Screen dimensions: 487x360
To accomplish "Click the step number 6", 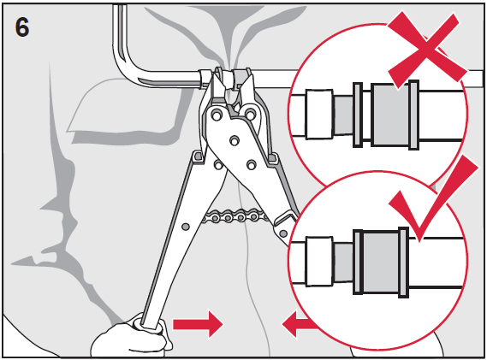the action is (x=22, y=27).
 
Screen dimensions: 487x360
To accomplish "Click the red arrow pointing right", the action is (x=198, y=324).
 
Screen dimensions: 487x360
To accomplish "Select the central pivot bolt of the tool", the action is (x=235, y=140).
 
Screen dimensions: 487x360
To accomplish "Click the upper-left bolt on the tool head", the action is (x=217, y=115).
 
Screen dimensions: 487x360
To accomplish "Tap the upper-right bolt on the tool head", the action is (x=250, y=115).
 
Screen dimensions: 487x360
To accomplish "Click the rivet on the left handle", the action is (x=186, y=227).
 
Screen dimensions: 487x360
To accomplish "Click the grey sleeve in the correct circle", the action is (x=381, y=263).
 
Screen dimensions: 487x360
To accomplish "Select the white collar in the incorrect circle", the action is (x=319, y=114).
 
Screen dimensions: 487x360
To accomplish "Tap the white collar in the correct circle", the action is (x=319, y=261).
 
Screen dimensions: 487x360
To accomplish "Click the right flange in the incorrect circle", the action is (x=413, y=115).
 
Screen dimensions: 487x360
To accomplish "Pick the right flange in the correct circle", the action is (x=403, y=263).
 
